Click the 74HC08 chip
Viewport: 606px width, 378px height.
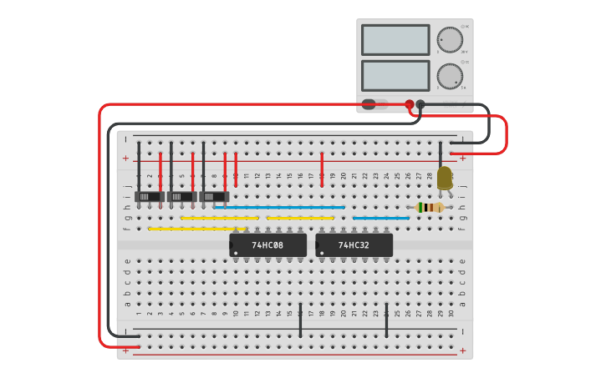tap(267, 245)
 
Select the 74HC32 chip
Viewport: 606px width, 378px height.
tap(354, 245)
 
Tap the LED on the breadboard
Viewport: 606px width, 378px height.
tap(444, 178)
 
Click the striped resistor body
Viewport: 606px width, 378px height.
tap(430, 207)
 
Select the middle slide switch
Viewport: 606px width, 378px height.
tap(182, 197)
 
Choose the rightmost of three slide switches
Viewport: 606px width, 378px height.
tap(214, 197)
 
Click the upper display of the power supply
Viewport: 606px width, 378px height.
tap(395, 40)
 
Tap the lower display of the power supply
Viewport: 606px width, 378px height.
tap(395, 75)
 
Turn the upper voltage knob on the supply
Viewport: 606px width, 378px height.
tap(449, 39)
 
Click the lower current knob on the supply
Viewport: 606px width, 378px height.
tap(449, 76)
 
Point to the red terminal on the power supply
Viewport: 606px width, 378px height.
tap(410, 104)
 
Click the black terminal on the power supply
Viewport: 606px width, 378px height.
tap(420, 104)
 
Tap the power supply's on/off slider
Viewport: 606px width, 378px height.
tap(373, 104)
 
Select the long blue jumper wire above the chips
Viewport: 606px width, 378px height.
tap(279, 207)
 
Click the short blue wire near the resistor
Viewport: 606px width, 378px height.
tap(381, 218)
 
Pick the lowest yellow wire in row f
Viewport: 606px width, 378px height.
tap(197, 228)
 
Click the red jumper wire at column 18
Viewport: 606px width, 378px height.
tap(322, 169)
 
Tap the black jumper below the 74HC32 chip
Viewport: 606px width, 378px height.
tap(386, 320)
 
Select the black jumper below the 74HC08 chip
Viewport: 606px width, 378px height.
tap(300, 320)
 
